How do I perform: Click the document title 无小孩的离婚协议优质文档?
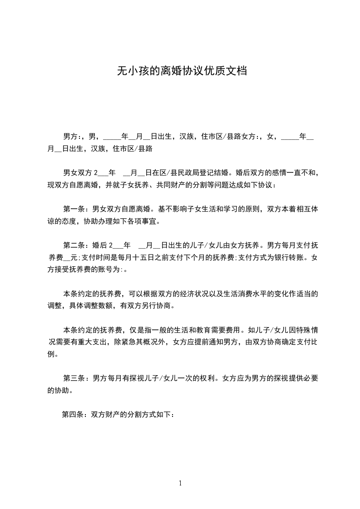182,71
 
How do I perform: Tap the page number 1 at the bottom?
180,483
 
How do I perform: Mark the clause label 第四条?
72,415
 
